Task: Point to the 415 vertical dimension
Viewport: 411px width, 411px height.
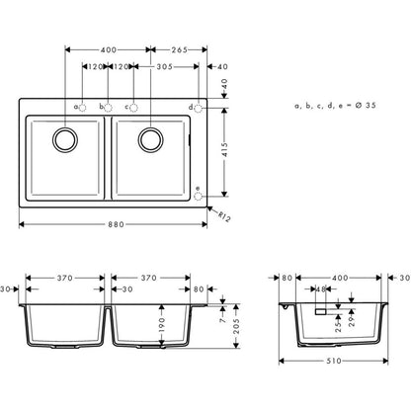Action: click(227, 148)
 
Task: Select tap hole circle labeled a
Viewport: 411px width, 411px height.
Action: click(83, 106)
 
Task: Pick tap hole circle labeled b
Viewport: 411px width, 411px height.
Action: click(109, 106)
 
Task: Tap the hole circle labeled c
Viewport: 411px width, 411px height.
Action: click(134, 106)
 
